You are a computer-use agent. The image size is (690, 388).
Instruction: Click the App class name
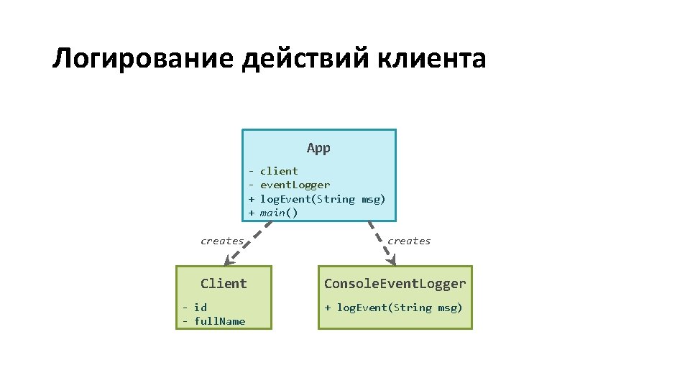[x=318, y=148]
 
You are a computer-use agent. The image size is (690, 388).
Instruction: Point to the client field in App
[x=278, y=171]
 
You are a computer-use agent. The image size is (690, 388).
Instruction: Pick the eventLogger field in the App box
[x=295, y=185]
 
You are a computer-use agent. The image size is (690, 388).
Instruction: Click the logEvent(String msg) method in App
[x=322, y=199]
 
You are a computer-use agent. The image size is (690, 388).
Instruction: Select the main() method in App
[x=278, y=213]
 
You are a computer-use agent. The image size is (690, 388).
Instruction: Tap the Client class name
[x=224, y=283]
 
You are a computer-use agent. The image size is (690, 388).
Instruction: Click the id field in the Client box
[x=200, y=308]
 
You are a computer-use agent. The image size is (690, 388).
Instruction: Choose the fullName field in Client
[x=219, y=321]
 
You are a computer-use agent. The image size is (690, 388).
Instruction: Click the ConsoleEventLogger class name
[x=395, y=283]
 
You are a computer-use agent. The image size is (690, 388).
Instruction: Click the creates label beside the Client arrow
[x=221, y=241]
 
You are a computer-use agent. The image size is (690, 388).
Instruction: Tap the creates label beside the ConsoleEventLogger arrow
[x=409, y=241]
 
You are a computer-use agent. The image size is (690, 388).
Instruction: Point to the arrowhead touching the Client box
[x=229, y=262]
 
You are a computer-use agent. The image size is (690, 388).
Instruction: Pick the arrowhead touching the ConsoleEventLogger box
[x=391, y=262]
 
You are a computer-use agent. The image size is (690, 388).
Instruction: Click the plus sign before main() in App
[x=252, y=213]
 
